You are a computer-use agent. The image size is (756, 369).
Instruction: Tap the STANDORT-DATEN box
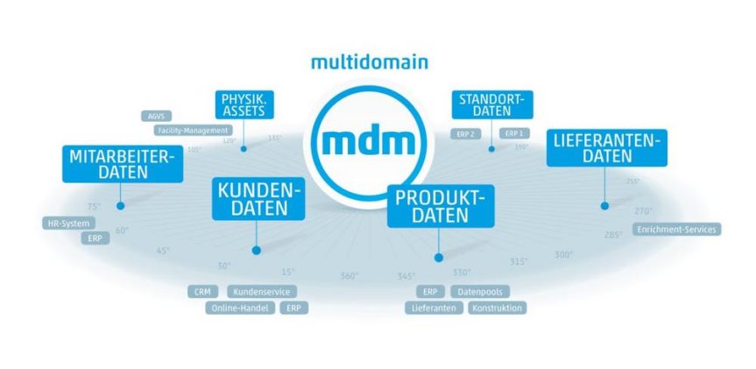(491, 105)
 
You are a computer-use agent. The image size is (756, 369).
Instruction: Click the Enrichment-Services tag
(677, 230)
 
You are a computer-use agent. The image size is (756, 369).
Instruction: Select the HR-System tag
(67, 224)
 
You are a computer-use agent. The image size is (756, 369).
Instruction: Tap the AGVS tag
(158, 115)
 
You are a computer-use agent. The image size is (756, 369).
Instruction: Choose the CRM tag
(203, 292)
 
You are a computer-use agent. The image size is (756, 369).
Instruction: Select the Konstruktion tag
(497, 309)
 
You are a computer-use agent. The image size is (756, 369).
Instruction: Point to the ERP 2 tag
(465, 134)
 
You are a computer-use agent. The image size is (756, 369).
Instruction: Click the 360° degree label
(350, 277)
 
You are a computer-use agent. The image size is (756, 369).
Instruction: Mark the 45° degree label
(162, 251)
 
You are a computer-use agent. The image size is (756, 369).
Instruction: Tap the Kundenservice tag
(262, 292)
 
